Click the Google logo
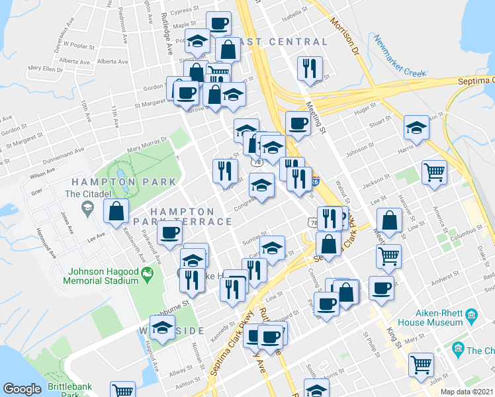tap(22, 389)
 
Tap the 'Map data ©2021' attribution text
tap(467, 392)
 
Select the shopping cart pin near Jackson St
tap(434, 171)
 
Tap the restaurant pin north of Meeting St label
tap(310, 68)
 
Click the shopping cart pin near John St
tap(422, 365)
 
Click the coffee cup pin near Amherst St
tap(381, 288)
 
